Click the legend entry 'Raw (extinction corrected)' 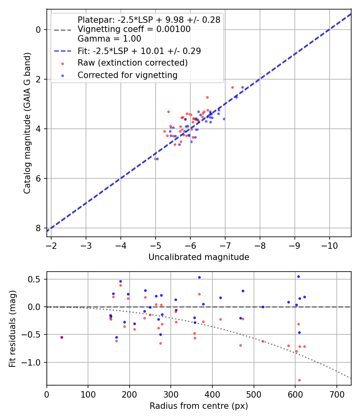pyautogui.click(x=132, y=63)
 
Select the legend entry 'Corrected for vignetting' pyautogui.click(x=127, y=75)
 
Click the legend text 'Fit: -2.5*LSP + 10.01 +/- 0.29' pyautogui.click(x=139, y=51)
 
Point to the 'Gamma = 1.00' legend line pyautogui.click(x=109, y=39)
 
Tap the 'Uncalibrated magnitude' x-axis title pyautogui.click(x=199, y=257)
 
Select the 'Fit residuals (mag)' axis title pyautogui.click(x=13, y=328)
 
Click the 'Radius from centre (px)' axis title pyautogui.click(x=199, y=406)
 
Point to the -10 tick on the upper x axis pyautogui.click(x=329, y=244)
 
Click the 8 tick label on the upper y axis pyautogui.click(x=38, y=228)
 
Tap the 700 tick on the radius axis pyautogui.click(x=336, y=394)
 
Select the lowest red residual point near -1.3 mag pyautogui.click(x=299, y=380)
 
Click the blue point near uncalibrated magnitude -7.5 pyautogui.click(x=242, y=87)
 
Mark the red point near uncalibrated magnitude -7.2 pyautogui.click(x=232, y=87)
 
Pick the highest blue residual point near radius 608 pyautogui.click(x=298, y=276)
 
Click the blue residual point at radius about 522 pyautogui.click(x=263, y=307)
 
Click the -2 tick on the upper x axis pyautogui.click(x=51, y=244)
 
